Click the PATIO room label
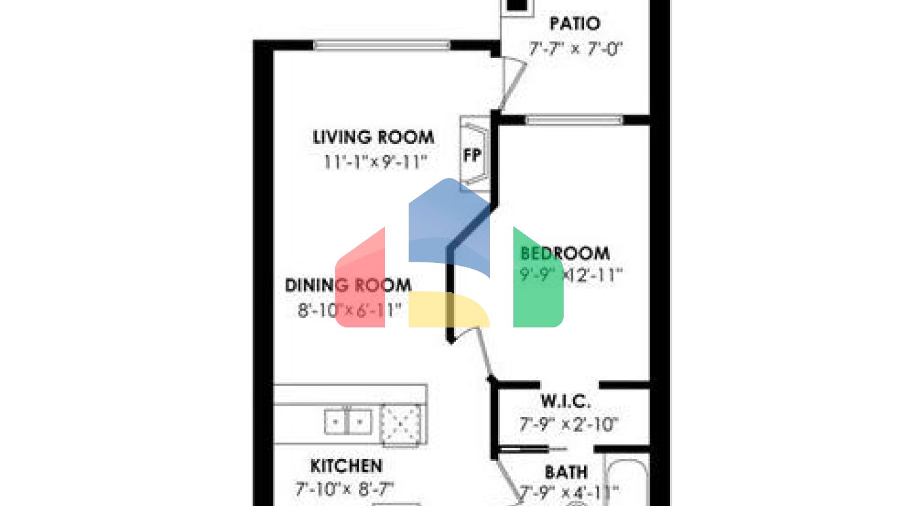coord(575,24)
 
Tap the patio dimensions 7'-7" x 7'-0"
coord(575,49)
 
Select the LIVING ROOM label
coord(373,138)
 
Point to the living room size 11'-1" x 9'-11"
coord(375,162)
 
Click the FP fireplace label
coord(472,155)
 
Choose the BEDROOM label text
coord(565,253)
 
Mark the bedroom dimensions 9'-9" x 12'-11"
coord(571,275)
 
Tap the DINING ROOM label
coord(348,285)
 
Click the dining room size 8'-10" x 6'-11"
coord(349,310)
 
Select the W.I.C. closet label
coord(565,401)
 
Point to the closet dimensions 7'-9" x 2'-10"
coord(568,424)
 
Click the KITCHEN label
coord(346,466)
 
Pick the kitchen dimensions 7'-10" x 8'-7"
coord(344,488)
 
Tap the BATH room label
coord(566,472)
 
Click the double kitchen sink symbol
coord(348,421)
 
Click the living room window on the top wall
coord(382,45)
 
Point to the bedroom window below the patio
coord(574,120)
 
